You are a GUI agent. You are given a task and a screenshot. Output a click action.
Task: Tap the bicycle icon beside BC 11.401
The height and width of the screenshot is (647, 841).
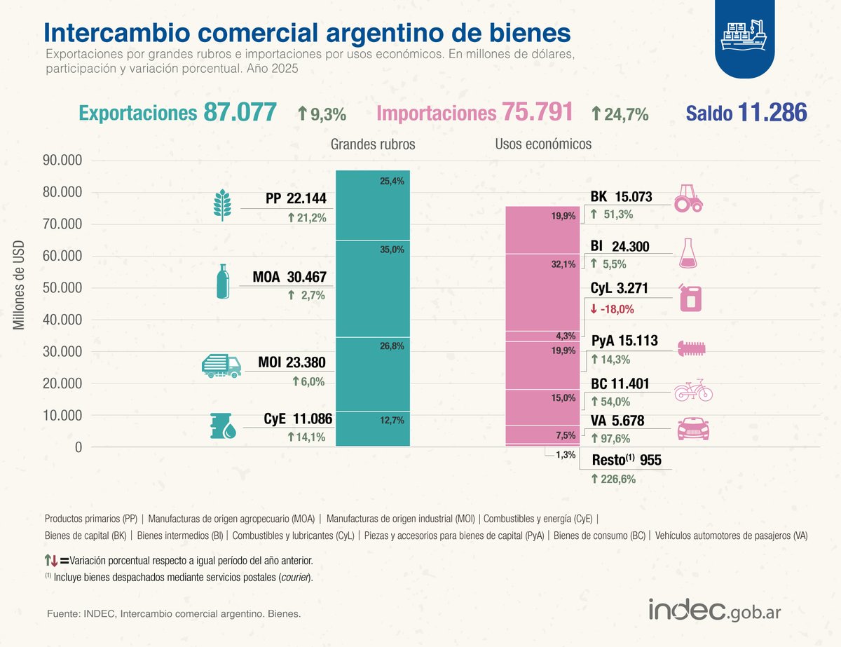tap(692, 391)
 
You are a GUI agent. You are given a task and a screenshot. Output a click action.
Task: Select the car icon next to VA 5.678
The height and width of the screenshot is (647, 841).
tap(692, 428)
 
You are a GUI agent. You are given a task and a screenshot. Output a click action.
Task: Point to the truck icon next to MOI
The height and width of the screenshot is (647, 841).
tap(221, 365)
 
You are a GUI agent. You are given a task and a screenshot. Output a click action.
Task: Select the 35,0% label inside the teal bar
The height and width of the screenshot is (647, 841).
tap(392, 250)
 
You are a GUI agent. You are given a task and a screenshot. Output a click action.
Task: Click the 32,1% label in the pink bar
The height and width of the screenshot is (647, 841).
tap(563, 264)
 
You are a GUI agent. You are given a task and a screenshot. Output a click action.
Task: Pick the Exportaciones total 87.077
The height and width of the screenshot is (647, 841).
tap(240, 113)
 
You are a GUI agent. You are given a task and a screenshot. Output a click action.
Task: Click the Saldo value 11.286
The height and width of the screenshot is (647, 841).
tap(772, 113)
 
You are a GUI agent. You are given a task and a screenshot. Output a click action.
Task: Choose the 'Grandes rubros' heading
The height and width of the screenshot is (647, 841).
tap(373, 144)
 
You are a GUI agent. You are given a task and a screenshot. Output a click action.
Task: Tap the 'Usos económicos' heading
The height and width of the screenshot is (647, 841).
tap(543, 144)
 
